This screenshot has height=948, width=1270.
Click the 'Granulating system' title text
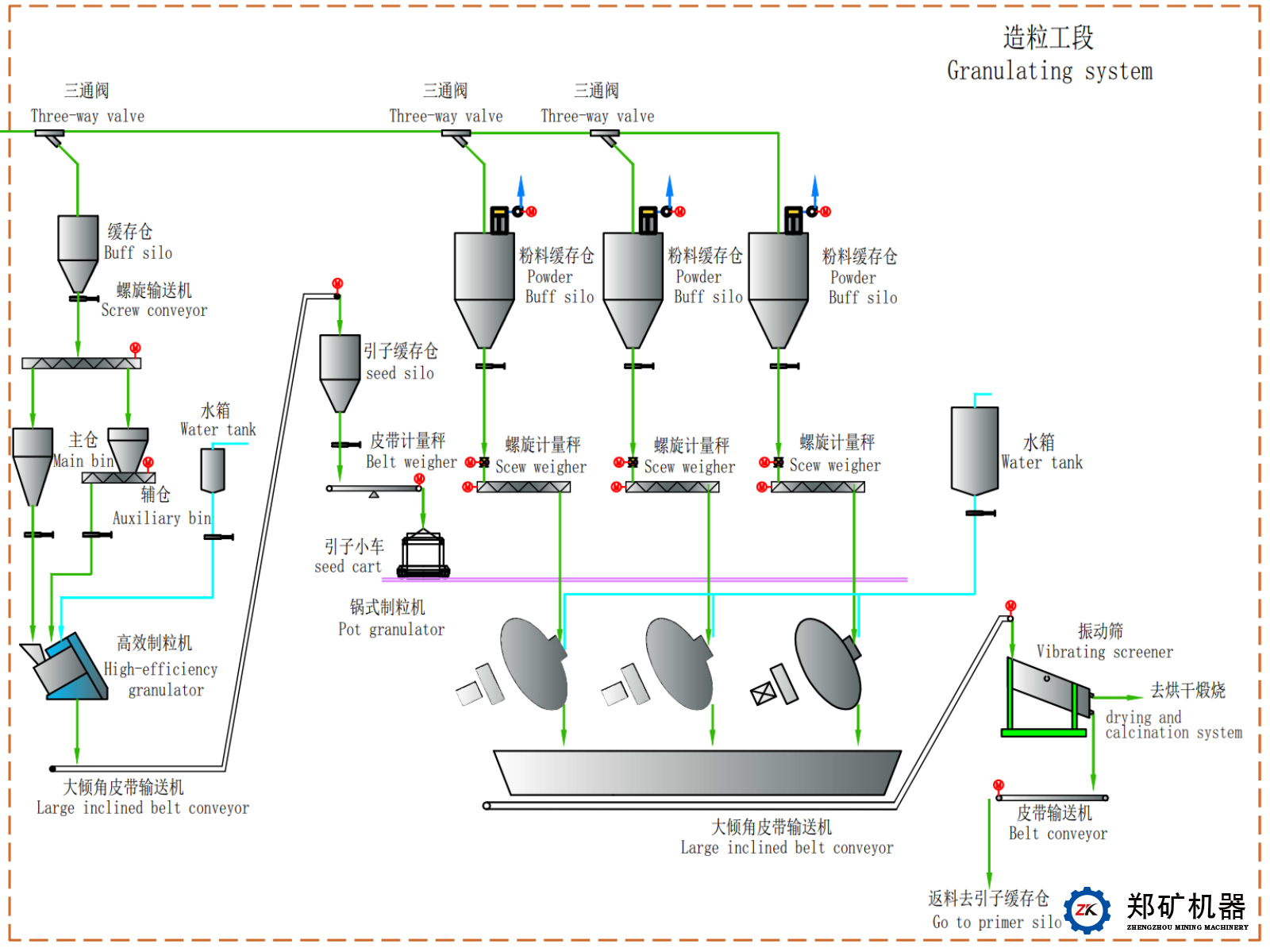pos(1049,71)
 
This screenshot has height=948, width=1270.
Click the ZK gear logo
pos(1087,911)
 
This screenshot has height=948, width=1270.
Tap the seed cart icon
pos(423,553)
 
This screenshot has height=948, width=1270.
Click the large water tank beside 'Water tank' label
pos(975,449)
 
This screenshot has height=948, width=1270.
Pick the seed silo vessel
pos(340,369)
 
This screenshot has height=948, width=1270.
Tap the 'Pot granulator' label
pos(391,630)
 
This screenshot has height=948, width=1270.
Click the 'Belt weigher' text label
pos(411,462)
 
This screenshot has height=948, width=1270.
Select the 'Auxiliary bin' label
pos(162,518)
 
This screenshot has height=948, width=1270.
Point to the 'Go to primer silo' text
pos(997,922)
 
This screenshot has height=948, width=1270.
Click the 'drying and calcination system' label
pos(1173,725)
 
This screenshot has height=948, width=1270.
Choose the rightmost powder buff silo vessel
pos(779,286)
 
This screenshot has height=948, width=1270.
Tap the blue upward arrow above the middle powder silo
pos(669,188)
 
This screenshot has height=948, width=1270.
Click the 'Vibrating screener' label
pos(1104,652)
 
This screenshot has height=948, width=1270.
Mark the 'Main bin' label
pos(83,461)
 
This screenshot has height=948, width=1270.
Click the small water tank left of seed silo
pos(213,470)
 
